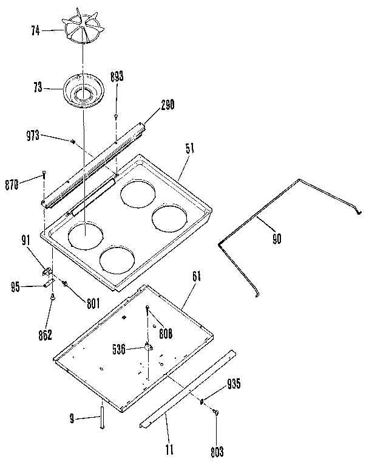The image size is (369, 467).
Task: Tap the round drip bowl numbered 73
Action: [84, 91]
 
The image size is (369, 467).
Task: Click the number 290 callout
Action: [168, 105]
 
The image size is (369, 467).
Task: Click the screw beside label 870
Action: [44, 176]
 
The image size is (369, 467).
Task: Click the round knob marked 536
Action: [147, 347]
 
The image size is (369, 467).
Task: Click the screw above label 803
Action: [216, 413]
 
